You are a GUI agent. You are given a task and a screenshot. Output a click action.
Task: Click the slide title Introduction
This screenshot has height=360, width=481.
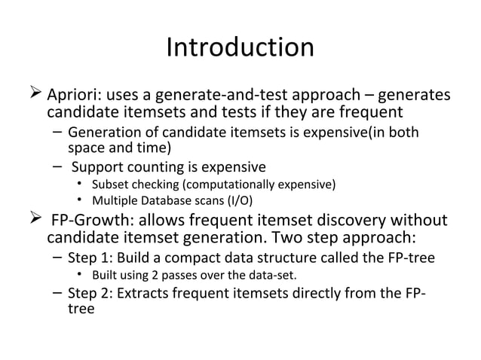240,47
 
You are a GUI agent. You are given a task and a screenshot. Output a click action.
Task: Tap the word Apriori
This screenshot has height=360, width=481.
75,97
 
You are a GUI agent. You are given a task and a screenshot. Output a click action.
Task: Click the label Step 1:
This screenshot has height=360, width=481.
90,258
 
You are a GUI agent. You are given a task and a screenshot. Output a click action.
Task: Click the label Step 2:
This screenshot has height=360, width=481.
90,293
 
